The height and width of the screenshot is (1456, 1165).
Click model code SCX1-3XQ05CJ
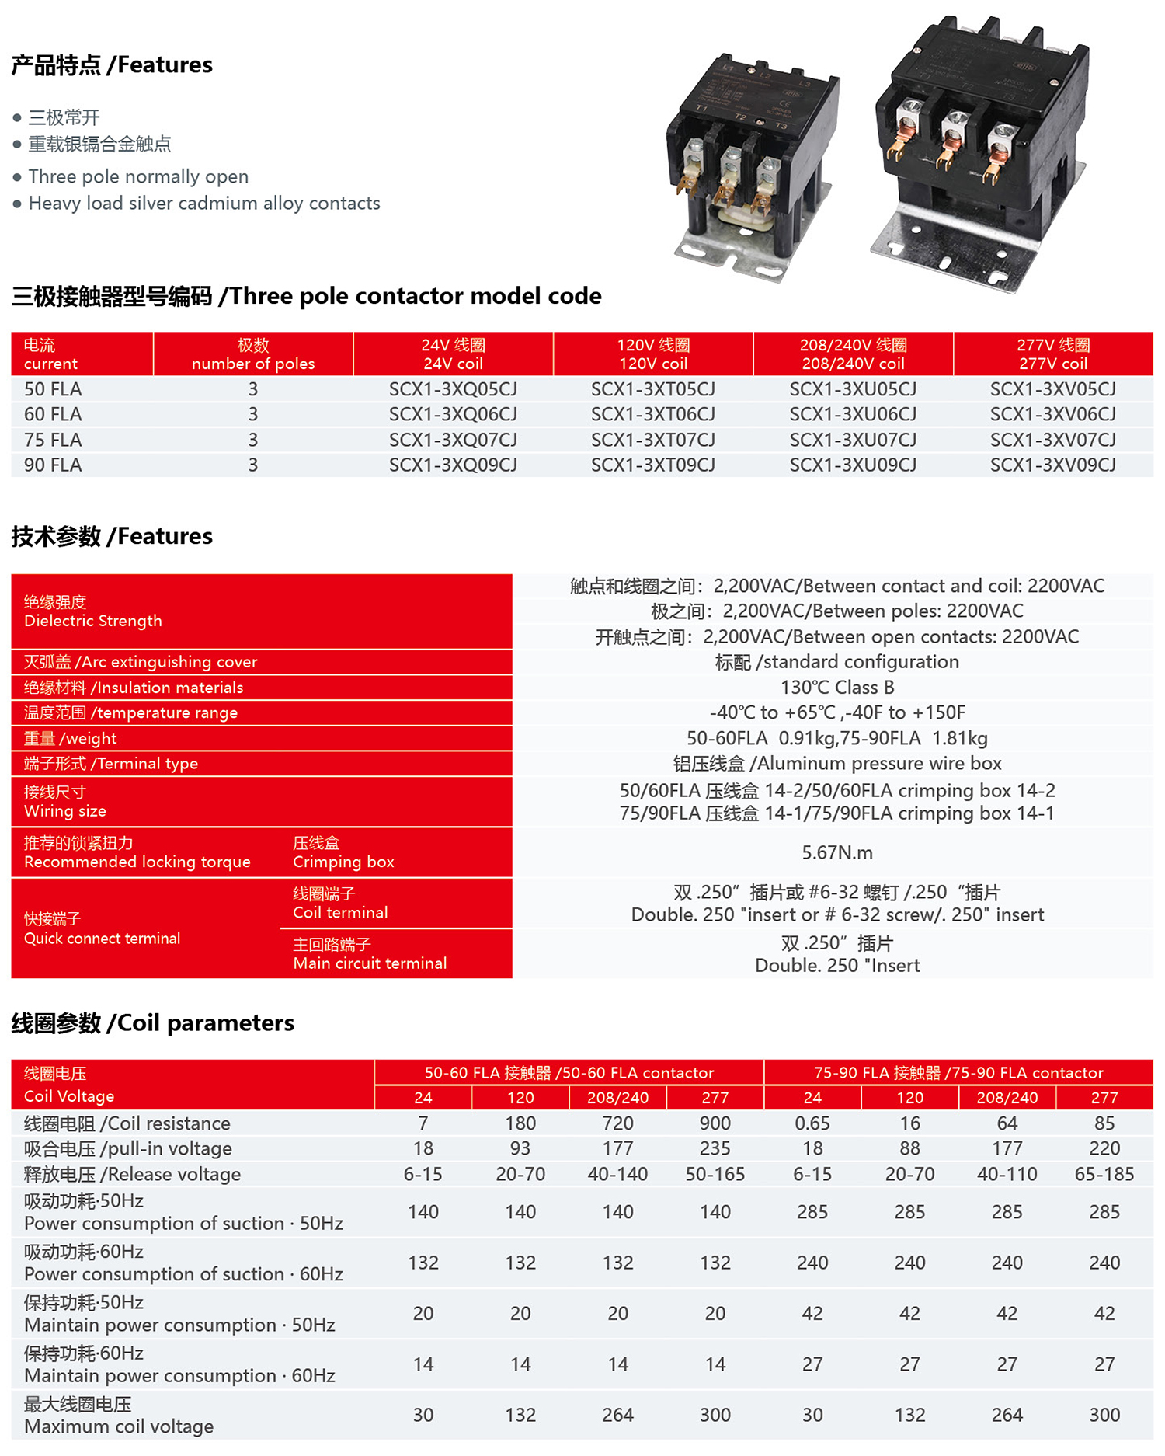453,388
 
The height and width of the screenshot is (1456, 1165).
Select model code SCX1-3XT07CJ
652,440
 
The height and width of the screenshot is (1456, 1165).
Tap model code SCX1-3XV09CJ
1052,465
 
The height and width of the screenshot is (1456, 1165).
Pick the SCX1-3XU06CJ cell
853,414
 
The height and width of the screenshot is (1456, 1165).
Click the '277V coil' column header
1053,354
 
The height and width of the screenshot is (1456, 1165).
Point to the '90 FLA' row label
53,465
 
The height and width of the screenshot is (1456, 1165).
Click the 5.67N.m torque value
837,852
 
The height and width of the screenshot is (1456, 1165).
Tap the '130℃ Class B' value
837,687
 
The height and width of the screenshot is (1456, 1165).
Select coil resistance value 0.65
812,1123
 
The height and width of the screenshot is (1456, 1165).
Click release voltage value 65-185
1104,1173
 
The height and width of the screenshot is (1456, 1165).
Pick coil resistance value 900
715,1123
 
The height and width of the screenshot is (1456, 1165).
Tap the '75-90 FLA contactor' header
958,1072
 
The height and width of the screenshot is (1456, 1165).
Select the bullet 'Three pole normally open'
138,176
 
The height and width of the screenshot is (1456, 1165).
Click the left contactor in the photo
749,163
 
